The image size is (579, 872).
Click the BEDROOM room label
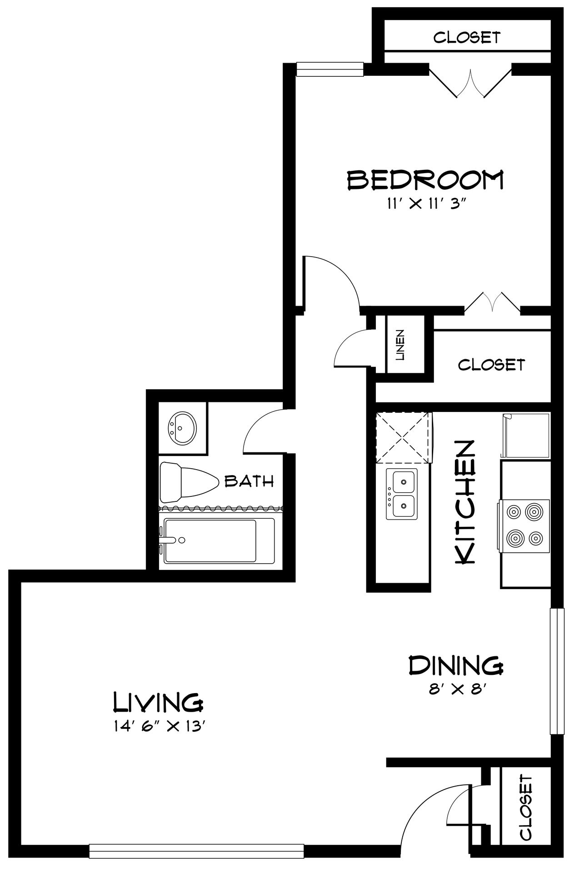[x=425, y=180]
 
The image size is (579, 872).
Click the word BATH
[x=250, y=481]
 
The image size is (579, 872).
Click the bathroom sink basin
[x=183, y=428]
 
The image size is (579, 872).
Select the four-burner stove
[x=524, y=525]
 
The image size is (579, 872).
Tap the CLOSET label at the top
[x=467, y=37]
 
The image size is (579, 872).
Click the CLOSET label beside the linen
[x=491, y=364]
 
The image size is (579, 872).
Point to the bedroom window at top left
[x=330, y=69]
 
